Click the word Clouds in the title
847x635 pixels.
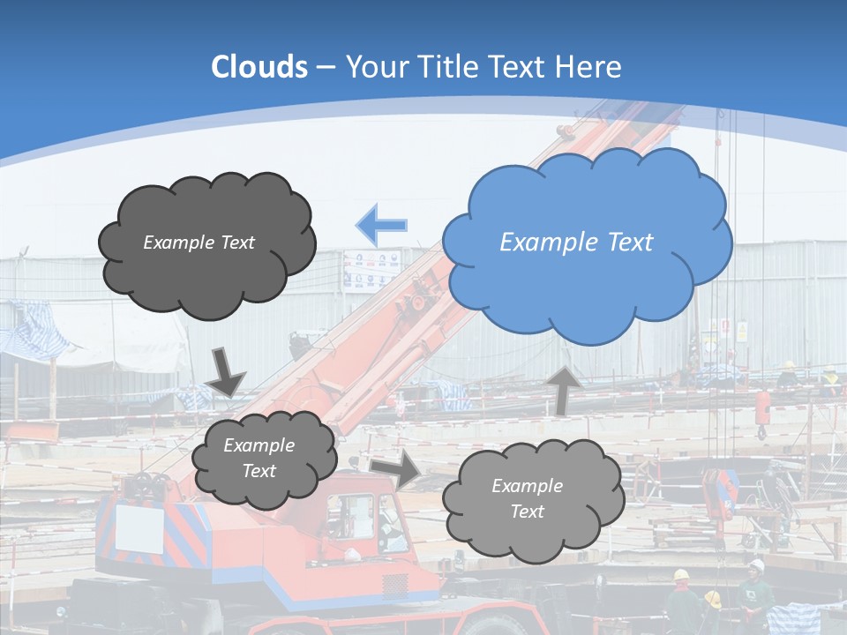coord(259,67)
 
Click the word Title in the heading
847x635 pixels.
coord(449,67)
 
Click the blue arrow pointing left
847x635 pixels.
coord(382,225)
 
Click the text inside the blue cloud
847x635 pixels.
coord(576,243)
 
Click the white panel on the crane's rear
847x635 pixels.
coord(140,528)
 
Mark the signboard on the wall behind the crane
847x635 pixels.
coord(371,269)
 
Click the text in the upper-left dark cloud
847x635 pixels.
coord(199,243)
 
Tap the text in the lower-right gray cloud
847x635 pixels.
coord(527,498)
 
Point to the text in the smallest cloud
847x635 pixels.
coord(259,459)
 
